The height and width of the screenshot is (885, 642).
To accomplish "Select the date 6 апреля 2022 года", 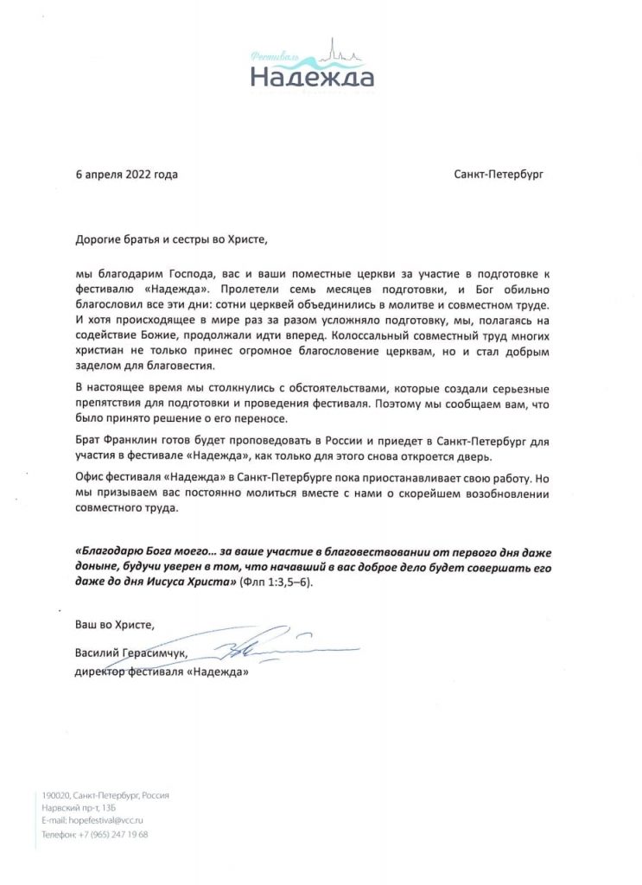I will (x=127, y=175).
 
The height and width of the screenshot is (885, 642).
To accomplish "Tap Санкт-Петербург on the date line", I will (x=499, y=175).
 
